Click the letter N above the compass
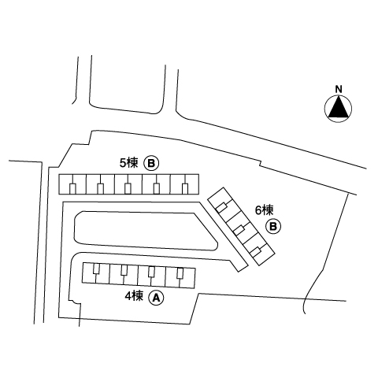(339, 89)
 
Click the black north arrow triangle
(338, 109)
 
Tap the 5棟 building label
(128, 163)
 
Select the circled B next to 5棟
(151, 164)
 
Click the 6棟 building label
(265, 210)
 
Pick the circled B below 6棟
(273, 226)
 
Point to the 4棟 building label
(134, 296)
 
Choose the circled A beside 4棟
(157, 298)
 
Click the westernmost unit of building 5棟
(72, 184)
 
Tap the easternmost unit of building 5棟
(184, 184)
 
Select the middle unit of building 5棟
(128, 184)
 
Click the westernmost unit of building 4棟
(96, 273)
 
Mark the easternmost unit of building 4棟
(180, 278)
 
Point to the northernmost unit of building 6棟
(223, 202)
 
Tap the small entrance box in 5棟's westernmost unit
(72, 189)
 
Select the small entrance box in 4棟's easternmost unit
(180, 273)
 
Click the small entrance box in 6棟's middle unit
(239, 230)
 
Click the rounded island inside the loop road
(146, 231)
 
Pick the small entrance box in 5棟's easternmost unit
(185, 189)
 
